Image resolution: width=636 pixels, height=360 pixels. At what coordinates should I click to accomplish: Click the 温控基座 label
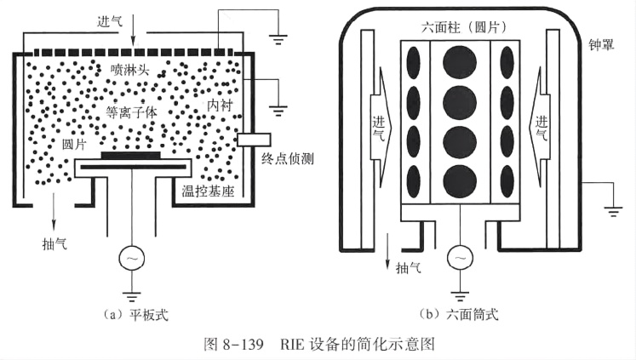point(207,189)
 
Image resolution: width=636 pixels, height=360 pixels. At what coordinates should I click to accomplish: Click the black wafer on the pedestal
point(130,156)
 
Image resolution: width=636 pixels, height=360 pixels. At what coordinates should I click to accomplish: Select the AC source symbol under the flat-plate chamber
point(131,257)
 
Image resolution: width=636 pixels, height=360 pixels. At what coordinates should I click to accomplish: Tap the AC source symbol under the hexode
point(460,256)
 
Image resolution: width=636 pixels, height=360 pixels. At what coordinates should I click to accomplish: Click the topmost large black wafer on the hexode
point(460,61)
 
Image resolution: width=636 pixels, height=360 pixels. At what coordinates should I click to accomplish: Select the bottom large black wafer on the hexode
point(460,179)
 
